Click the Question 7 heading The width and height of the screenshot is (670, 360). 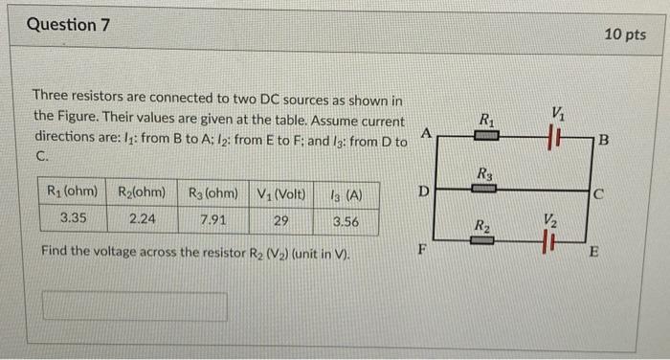(62, 25)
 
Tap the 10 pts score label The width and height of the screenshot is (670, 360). (625, 34)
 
